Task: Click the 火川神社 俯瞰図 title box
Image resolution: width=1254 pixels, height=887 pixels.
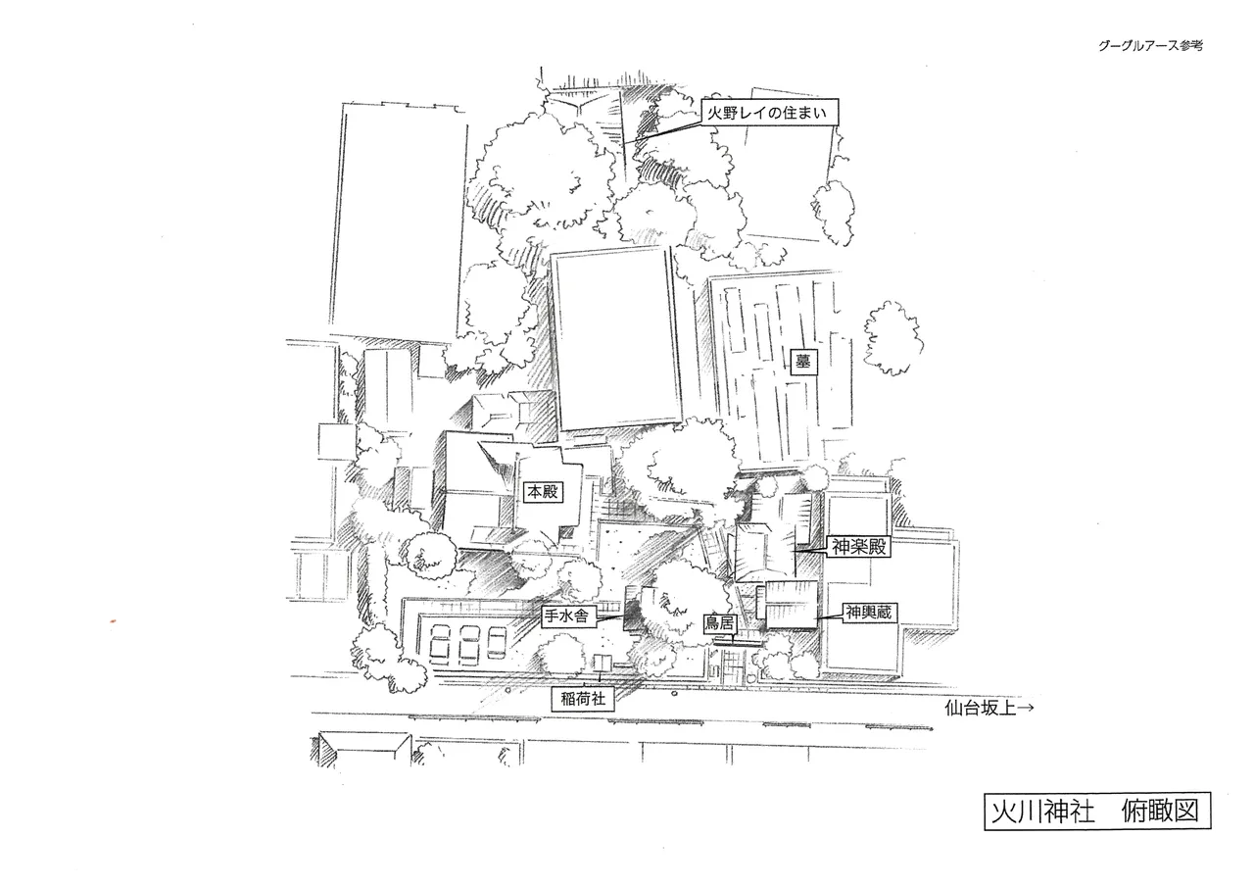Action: pos(1097,811)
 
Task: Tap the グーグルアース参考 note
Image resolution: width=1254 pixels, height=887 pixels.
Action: pos(1150,46)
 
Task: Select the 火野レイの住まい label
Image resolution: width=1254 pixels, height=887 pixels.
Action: pos(770,113)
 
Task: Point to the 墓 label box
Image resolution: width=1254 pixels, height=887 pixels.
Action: pos(802,362)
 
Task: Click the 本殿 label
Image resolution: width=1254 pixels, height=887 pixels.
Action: pos(543,492)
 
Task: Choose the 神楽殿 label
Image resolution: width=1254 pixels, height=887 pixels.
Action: pos(858,547)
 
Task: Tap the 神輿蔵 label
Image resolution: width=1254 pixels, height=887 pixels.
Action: pos(868,613)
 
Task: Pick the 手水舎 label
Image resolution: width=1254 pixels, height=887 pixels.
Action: pos(566,616)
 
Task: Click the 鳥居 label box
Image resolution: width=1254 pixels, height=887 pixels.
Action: pos(719,622)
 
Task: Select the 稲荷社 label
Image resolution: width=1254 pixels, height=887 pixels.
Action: pos(583,700)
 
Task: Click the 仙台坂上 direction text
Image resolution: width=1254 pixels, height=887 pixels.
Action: pos(980,708)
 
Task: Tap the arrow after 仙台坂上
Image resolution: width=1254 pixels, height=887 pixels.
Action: pos(1025,708)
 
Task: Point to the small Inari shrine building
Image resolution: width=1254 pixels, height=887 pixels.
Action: pos(603,663)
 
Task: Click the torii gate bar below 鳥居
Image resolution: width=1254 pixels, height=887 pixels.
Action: pos(738,643)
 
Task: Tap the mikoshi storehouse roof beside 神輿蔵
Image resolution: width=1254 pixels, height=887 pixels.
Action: pos(791,605)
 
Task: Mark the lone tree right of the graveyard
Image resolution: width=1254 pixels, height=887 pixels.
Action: pos(893,338)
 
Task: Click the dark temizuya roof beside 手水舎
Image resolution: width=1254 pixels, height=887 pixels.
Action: pos(632,610)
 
